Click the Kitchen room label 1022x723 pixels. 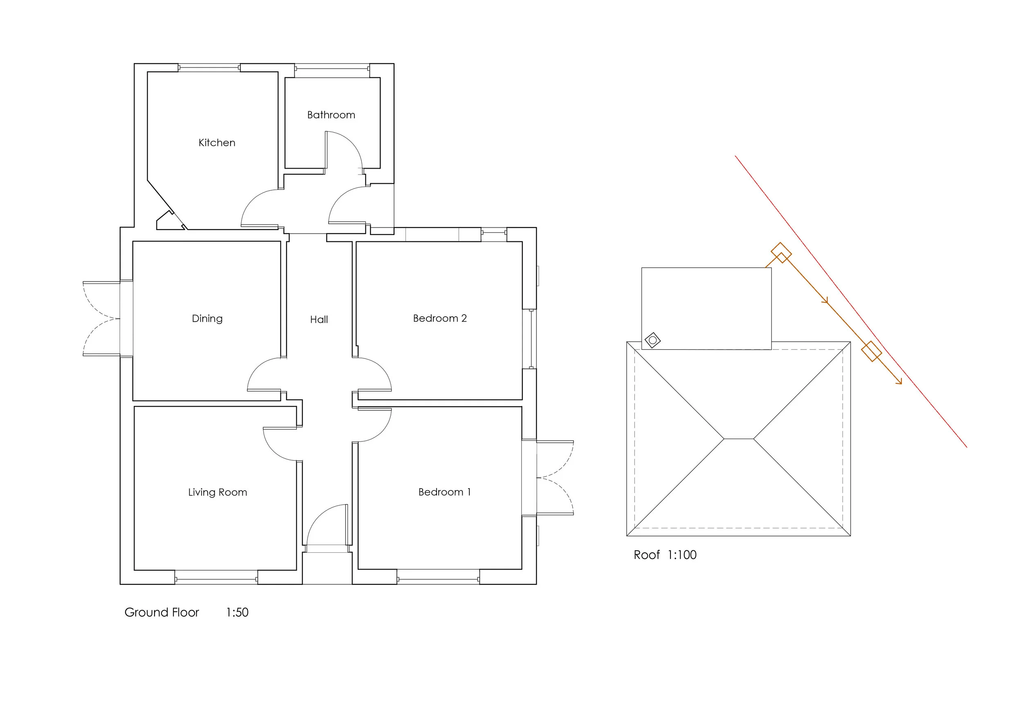click(217, 142)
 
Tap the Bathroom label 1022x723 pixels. click(331, 115)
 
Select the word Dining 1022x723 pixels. click(207, 318)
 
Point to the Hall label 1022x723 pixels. click(319, 320)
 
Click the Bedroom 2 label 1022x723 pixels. click(440, 318)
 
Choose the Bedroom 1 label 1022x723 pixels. click(444, 492)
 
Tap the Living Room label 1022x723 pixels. click(217, 492)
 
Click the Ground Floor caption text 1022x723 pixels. click(161, 613)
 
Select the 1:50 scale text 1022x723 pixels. click(237, 613)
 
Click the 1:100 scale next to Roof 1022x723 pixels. click(681, 555)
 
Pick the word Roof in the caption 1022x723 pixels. click(646, 555)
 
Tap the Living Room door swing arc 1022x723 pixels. click(272, 450)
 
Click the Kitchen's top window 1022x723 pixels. click(209, 68)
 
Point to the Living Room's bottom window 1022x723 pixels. click(216, 579)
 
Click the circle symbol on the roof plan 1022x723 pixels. click(652, 340)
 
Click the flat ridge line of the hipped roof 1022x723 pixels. click(738, 439)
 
